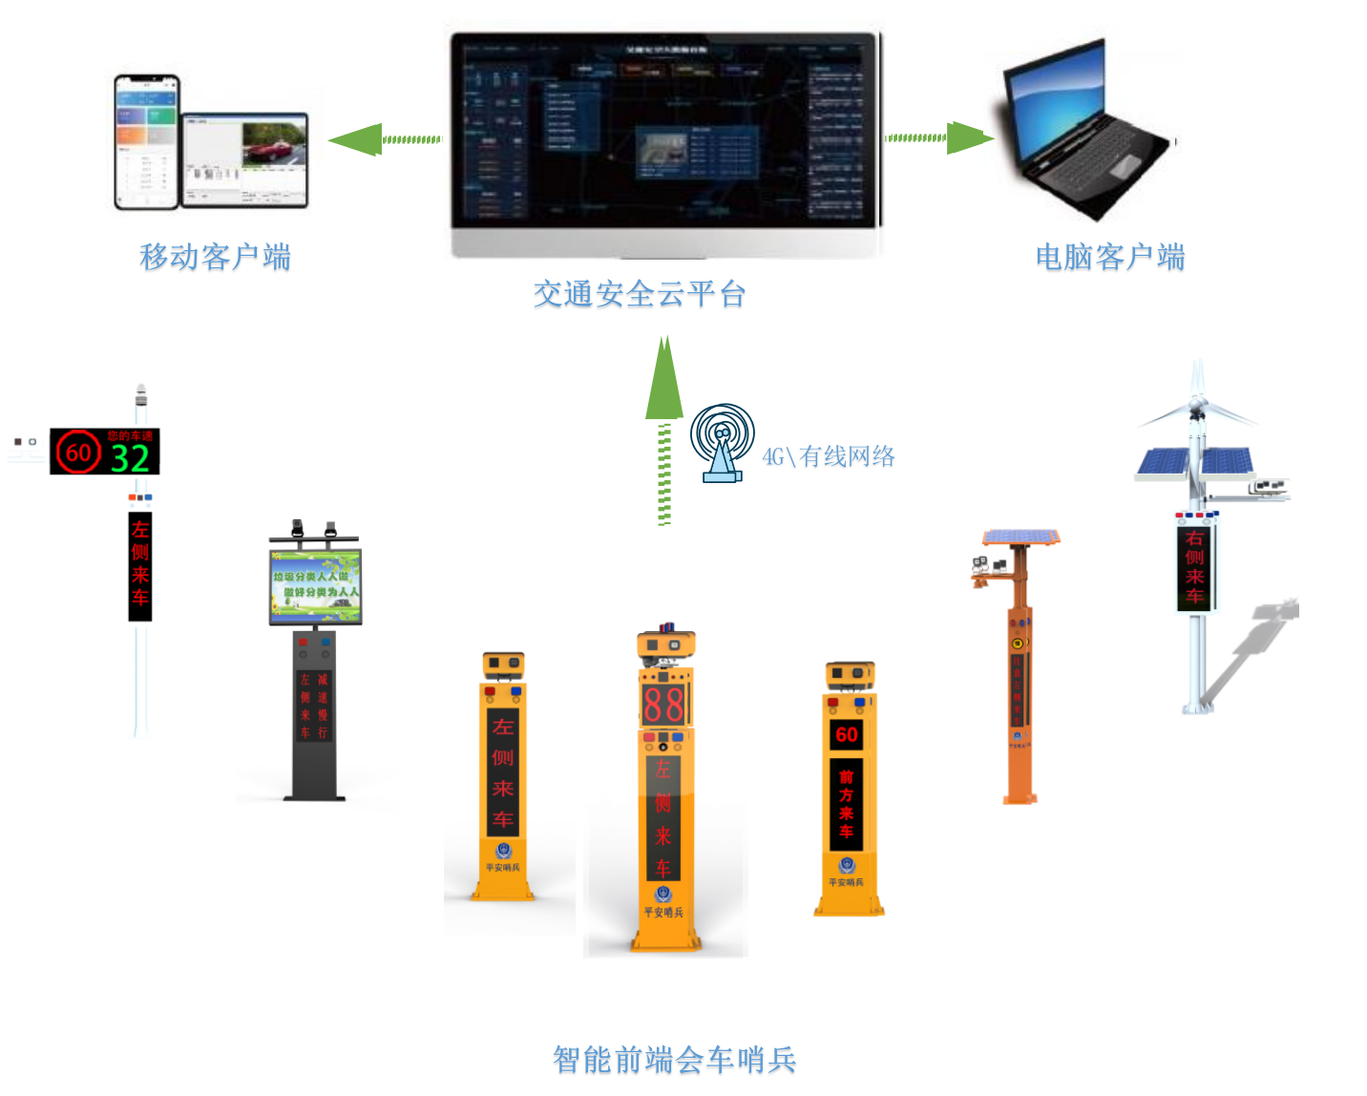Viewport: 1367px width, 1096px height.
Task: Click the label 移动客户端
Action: point(215,257)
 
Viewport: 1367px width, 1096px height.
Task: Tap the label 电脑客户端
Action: point(1109,257)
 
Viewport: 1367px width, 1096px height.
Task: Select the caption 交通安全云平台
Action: point(639,294)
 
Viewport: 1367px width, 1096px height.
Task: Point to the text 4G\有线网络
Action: point(828,457)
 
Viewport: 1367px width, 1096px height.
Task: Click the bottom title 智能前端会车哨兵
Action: point(674,1059)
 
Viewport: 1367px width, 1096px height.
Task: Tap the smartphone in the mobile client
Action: point(146,141)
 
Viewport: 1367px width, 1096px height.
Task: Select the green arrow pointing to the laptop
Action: point(966,137)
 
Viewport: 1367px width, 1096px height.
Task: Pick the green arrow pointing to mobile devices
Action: point(357,140)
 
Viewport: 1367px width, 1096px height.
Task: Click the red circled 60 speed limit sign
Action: point(77,453)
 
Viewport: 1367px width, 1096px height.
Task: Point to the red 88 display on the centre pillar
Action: point(663,705)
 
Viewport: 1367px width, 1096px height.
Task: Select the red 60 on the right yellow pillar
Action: point(846,734)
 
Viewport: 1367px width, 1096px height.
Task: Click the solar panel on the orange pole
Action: point(1020,537)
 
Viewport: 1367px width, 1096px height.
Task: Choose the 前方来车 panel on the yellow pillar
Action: point(846,804)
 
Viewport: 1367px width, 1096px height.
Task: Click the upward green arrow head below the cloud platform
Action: point(664,382)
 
